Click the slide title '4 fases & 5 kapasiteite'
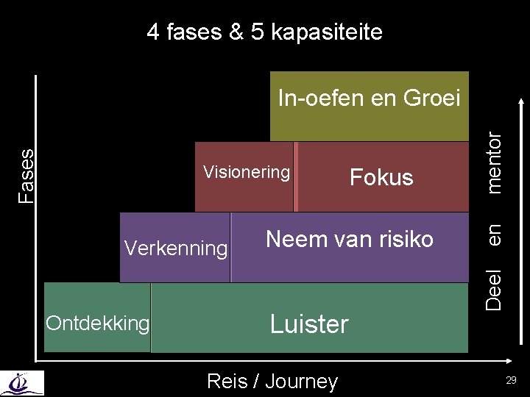pos(264,32)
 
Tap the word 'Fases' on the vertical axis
pos(27,175)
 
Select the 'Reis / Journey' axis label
pos(272,381)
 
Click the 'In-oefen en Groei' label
pos(369,97)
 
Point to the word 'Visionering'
pos(247,172)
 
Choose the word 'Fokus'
pos(381,177)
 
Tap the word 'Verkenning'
pos(176,248)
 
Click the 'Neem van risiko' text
pos(350,239)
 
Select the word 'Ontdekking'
pos(98,323)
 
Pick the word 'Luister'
pos(309,324)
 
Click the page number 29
pos(511,379)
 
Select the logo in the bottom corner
pos(22,383)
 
